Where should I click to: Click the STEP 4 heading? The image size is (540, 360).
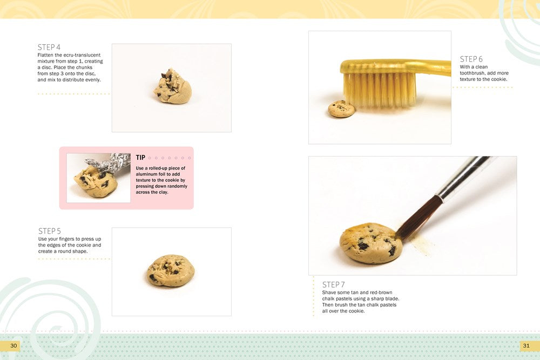coord(49,47)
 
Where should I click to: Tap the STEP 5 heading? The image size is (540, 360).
coord(49,231)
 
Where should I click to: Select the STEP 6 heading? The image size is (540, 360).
coord(471,59)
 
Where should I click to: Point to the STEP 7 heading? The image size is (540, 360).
coord(333,284)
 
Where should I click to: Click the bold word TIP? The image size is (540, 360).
coord(140,158)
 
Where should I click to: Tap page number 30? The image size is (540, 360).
coord(13,345)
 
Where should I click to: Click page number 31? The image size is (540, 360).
coord(526,345)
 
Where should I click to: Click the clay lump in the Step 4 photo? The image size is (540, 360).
coord(172,87)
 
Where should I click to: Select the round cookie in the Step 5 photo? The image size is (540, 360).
coord(171,270)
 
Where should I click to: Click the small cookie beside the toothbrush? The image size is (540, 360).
coord(341,108)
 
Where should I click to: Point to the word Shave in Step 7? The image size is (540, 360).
coord(329,293)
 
